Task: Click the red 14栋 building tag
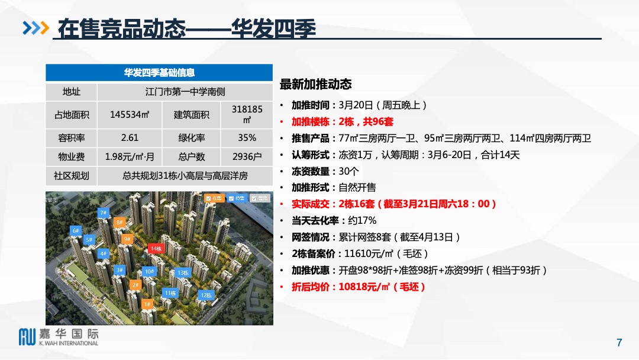[156, 249]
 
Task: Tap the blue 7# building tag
[103, 213]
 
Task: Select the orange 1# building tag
[147, 304]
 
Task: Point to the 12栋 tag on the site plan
[206, 295]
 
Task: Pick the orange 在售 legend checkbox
[214, 198]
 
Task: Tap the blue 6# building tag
[75, 230]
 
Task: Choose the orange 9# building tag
[127, 239]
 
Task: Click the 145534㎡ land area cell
[130, 115]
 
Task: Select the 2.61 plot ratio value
[130, 138]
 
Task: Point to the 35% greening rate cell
[247, 138]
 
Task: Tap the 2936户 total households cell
[247, 157]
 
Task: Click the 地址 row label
[71, 92]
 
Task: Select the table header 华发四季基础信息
[159, 73]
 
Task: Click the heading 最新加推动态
[315, 85]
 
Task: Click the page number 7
[619, 342]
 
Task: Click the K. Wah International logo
[59, 336]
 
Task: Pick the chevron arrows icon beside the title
[35, 28]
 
